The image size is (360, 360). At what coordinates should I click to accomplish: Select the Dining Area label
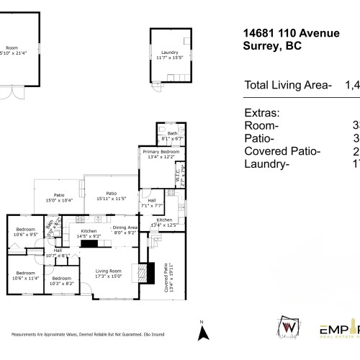pos(125,230)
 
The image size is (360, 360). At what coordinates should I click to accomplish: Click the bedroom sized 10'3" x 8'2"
pos(60,281)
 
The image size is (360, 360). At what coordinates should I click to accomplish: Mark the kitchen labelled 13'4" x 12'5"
pos(163,222)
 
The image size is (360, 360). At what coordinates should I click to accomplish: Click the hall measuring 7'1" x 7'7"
pos(151,203)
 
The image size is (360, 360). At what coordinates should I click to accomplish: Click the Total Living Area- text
pos(288,85)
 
